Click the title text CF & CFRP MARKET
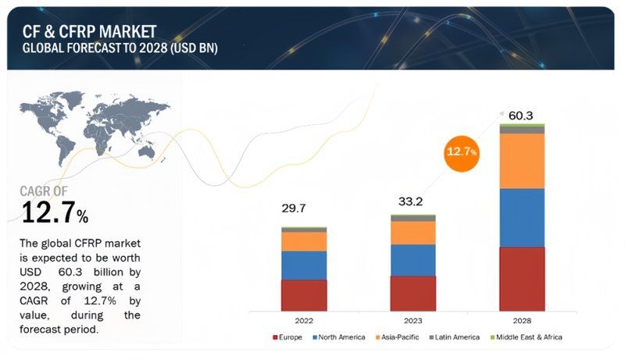(89, 30)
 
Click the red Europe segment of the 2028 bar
(522, 278)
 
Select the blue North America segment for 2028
(522, 218)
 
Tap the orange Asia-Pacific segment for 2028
(522, 161)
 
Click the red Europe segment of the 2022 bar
(304, 294)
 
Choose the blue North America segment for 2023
(412, 260)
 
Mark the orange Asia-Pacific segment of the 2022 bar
(304, 241)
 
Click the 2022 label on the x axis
(304, 319)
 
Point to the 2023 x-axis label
(412, 319)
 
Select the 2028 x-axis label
(522, 319)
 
